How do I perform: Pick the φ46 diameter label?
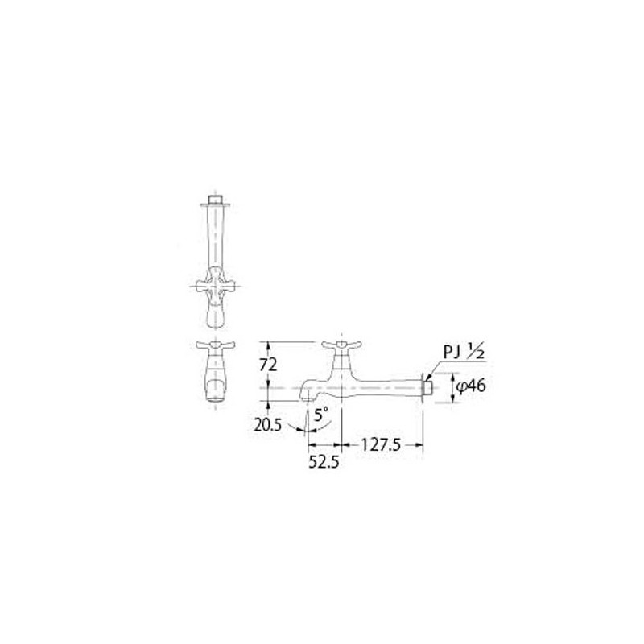tap(470, 386)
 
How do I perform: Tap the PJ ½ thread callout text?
tap(461, 353)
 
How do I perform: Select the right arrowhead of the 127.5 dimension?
tap(420, 442)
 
